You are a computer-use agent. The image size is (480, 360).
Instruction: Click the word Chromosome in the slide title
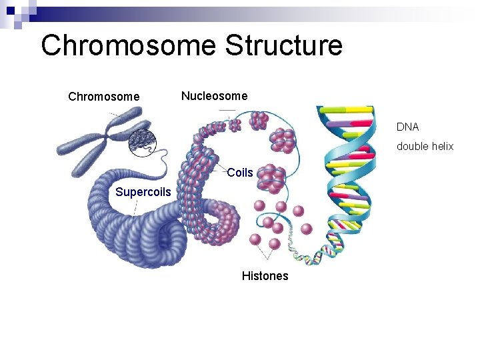[128, 46]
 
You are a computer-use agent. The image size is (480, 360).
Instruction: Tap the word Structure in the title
[283, 46]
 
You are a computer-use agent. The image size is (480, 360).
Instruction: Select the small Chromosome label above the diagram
[104, 97]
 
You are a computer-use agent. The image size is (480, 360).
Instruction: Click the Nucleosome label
[214, 96]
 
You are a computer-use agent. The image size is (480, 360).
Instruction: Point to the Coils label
[240, 173]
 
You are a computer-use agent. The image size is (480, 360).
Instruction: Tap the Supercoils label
[143, 193]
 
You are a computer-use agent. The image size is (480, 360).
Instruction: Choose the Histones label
[265, 276]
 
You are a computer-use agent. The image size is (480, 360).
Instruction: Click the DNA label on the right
[407, 127]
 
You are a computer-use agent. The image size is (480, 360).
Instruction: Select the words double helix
[425, 146]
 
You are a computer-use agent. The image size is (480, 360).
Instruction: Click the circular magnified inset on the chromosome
[141, 141]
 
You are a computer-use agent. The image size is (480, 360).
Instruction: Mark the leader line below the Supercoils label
[136, 207]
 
